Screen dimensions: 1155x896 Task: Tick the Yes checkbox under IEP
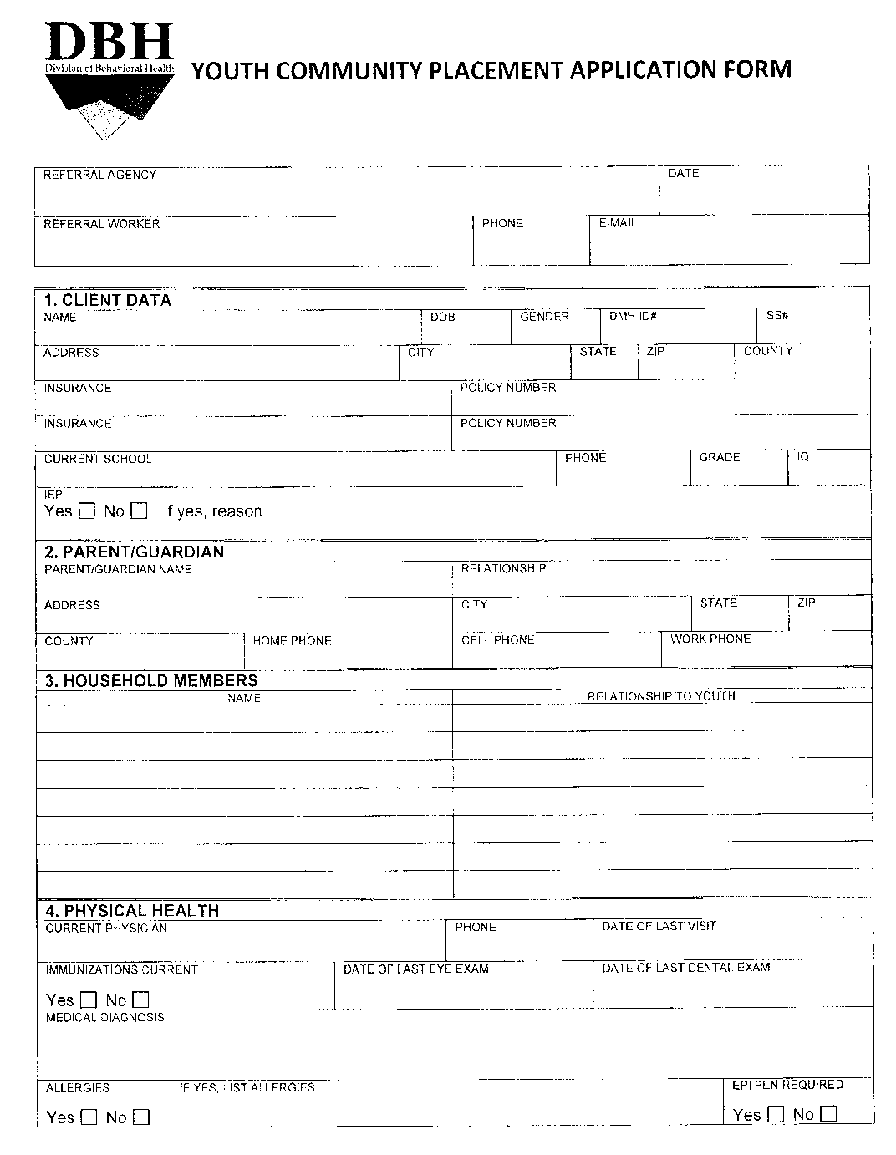86,511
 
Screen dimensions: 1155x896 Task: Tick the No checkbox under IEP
140,511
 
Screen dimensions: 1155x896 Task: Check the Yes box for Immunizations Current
89,1000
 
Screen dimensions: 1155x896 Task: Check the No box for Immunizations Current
141,1000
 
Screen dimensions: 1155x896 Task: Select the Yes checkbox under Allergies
89,1117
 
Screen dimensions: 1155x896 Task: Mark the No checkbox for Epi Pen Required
828,1114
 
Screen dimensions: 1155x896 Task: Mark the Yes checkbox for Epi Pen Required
776,1114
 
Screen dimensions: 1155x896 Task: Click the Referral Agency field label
99,175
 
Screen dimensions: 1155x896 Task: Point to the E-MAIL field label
618,223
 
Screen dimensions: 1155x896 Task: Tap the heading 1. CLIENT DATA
108,300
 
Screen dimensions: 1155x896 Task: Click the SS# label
777,316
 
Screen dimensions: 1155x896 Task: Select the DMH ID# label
633,316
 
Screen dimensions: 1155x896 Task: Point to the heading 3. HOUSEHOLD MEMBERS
151,680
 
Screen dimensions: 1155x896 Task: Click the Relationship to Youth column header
661,695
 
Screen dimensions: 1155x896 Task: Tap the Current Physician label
106,928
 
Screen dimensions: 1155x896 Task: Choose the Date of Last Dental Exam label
686,968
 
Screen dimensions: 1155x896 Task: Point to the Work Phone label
710,639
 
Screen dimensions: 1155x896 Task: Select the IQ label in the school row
803,456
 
